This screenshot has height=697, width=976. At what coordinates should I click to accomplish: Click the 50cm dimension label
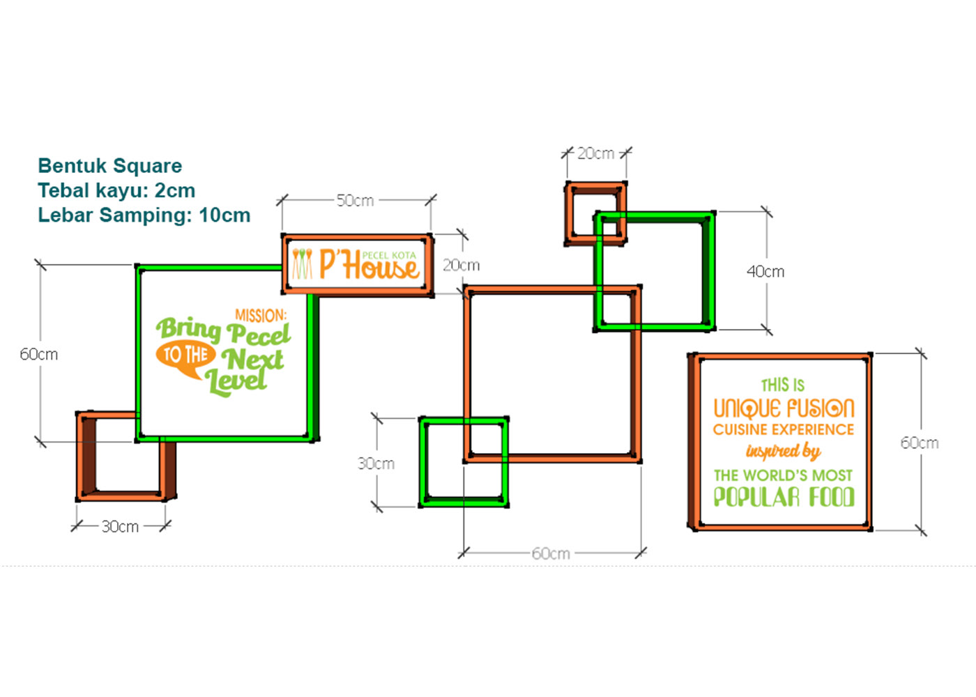click(x=355, y=201)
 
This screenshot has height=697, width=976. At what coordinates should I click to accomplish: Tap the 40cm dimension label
click(x=765, y=272)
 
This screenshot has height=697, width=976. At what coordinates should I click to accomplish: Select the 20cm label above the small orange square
click(x=595, y=153)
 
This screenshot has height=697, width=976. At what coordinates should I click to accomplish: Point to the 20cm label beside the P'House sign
click(x=461, y=266)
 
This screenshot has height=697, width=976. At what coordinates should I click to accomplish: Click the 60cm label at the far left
click(x=39, y=355)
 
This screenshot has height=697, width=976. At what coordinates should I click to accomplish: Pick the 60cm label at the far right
click(x=919, y=443)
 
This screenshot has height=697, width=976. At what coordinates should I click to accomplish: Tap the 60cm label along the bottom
click(x=551, y=554)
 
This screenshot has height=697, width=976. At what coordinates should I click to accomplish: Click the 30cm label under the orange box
click(x=120, y=527)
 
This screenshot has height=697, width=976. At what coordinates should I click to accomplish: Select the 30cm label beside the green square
click(x=376, y=464)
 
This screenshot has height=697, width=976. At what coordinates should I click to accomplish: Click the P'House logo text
click(x=369, y=266)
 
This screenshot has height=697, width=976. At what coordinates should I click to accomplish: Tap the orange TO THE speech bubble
click(x=185, y=356)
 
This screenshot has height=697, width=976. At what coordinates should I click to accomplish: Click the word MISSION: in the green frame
click(x=261, y=316)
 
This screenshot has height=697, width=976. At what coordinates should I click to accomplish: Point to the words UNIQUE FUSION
click(x=784, y=408)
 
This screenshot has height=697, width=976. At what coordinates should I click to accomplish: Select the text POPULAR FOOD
click(x=784, y=497)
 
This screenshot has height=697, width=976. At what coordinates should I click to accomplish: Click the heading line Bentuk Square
click(x=110, y=166)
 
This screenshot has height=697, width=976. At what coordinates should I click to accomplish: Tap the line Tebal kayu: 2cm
click(x=116, y=190)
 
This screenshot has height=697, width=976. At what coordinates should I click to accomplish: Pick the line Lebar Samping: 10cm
click(x=144, y=215)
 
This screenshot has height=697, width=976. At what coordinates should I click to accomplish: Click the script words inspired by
click(x=784, y=452)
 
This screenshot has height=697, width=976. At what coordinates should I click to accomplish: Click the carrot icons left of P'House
click(x=302, y=264)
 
